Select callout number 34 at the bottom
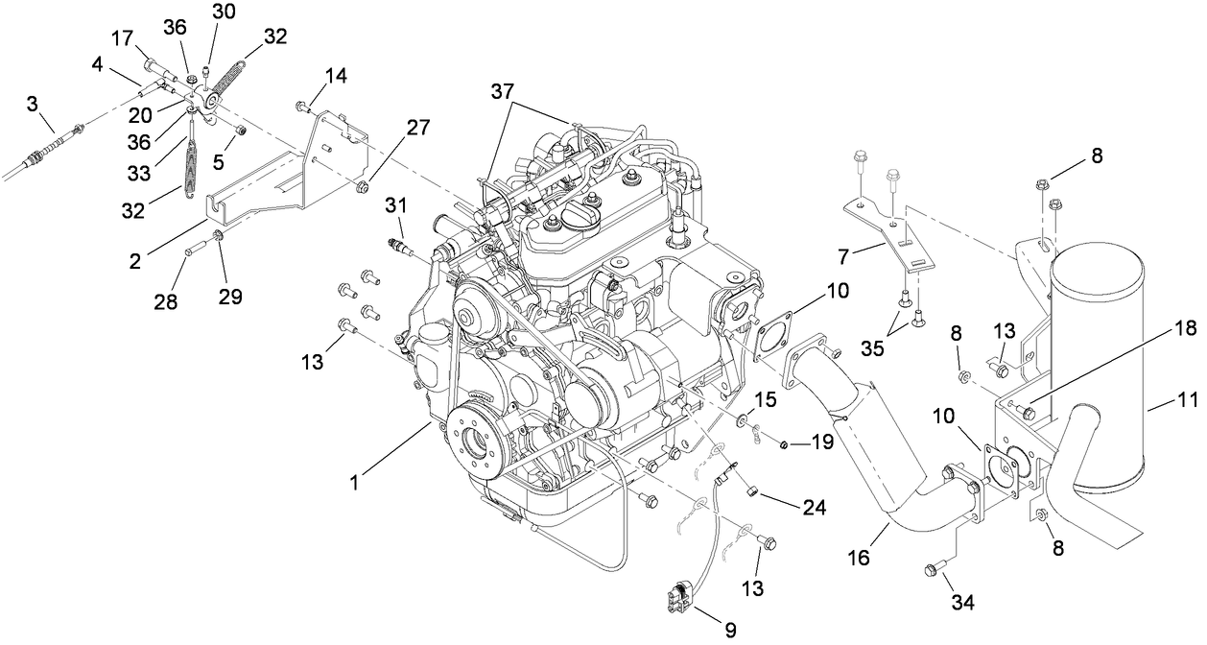962,603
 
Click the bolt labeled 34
933,570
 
